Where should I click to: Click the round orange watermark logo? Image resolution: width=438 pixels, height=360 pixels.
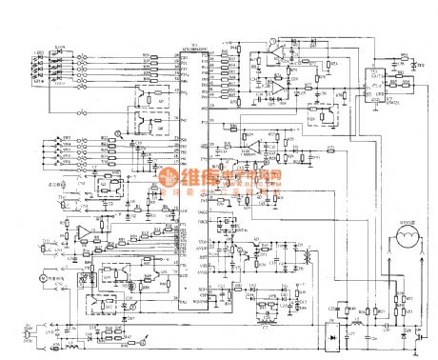(169, 178)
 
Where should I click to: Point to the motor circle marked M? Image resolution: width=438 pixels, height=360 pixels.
(40, 277)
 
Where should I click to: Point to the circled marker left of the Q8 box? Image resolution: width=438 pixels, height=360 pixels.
(118, 136)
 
